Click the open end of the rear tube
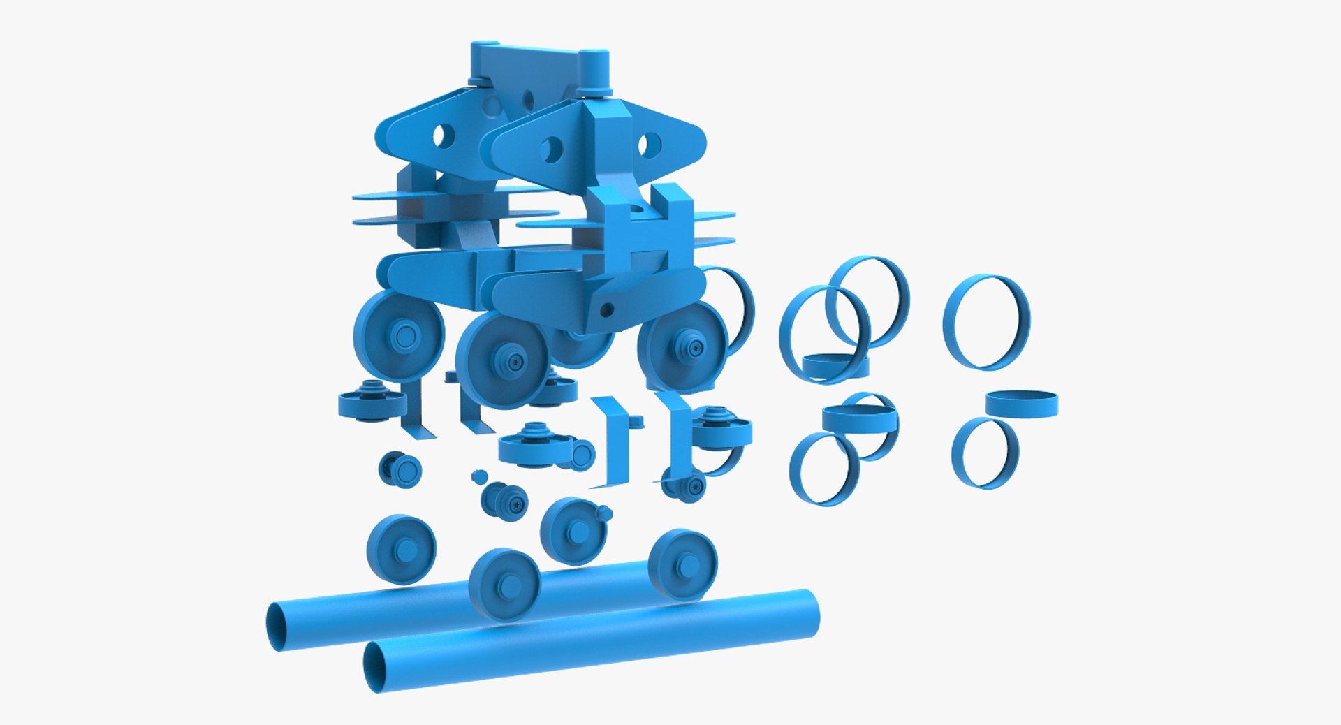[x=279, y=625]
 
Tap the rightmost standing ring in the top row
[x=986, y=322]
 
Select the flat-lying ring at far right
[x=1021, y=404]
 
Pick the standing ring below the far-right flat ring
[x=985, y=453]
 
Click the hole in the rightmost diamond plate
[x=650, y=144]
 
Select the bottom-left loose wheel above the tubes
[x=401, y=550]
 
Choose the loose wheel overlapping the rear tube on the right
[x=682, y=564]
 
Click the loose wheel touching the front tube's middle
[x=504, y=584]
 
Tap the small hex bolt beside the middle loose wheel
[x=603, y=513]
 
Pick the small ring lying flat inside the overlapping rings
[x=835, y=365]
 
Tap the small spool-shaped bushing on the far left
[x=400, y=469]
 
